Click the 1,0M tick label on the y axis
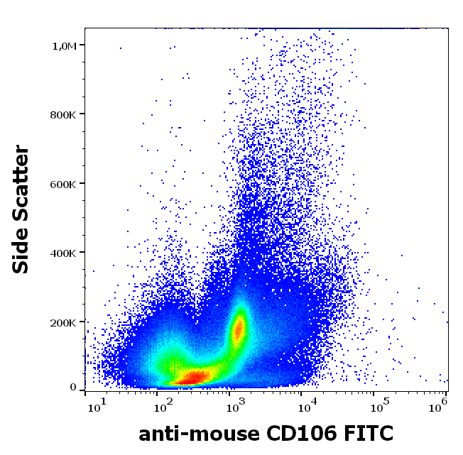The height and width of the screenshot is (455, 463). click(x=64, y=45)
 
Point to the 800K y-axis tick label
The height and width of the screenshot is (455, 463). click(x=62, y=114)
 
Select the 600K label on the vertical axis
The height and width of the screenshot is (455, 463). click(x=62, y=184)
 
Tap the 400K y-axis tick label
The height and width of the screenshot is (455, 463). click(x=62, y=253)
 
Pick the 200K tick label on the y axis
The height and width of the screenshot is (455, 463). click(x=62, y=322)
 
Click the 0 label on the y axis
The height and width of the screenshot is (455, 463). click(x=72, y=387)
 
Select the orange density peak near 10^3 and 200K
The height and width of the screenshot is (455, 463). click(x=239, y=329)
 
